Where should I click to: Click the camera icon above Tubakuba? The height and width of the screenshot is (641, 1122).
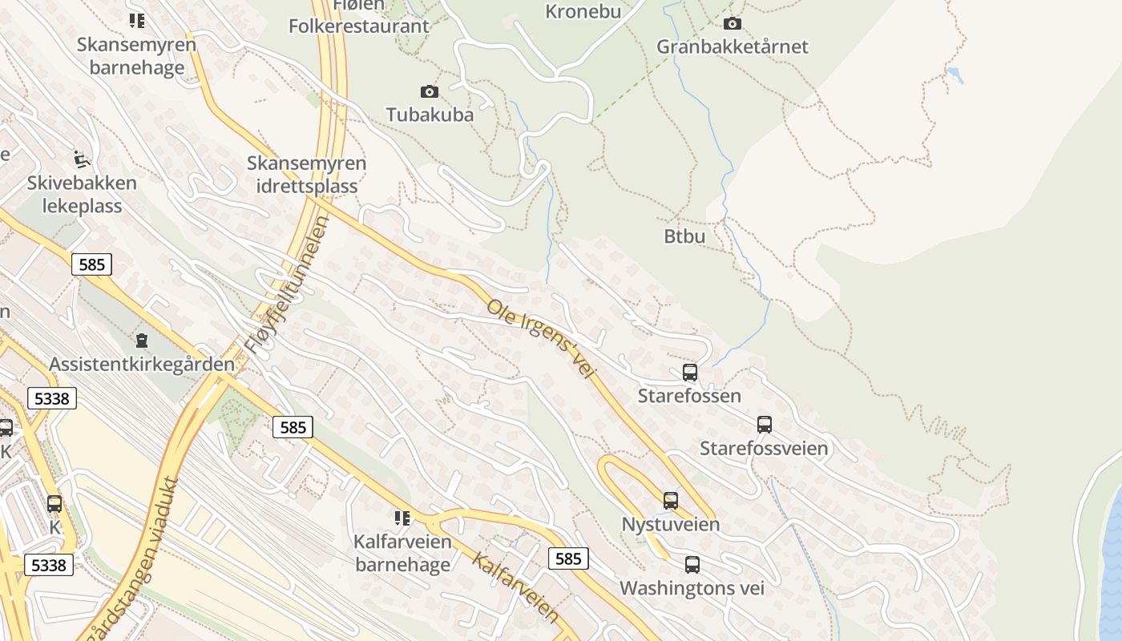430,92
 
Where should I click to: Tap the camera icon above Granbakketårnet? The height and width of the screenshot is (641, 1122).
733,24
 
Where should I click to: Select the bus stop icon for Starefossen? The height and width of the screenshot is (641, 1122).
689,373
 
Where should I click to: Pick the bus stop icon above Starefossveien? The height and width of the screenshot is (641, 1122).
765,425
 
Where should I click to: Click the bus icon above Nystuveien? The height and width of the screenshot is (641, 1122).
671,501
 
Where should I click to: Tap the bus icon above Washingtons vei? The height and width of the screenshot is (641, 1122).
692,565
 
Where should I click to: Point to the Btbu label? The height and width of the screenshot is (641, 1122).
684,236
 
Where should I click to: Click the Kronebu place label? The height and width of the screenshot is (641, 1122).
583,11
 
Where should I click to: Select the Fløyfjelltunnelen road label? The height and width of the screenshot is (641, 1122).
286,286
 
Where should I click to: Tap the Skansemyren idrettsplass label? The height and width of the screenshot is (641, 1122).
306,175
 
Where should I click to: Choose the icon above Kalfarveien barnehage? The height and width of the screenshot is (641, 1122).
402,518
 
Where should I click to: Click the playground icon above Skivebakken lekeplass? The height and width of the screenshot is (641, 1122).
81,159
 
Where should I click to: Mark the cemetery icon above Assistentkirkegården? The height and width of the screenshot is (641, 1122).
142,341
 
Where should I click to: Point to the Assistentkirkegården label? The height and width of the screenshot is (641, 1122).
142,364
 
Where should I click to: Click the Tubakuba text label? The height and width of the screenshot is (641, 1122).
430,115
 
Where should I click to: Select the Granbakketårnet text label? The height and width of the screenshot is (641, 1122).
733,46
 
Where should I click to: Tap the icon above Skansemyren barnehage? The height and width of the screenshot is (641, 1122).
137,21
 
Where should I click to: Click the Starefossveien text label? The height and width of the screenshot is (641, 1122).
764,448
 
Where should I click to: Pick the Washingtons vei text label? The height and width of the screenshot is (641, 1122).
692,588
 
